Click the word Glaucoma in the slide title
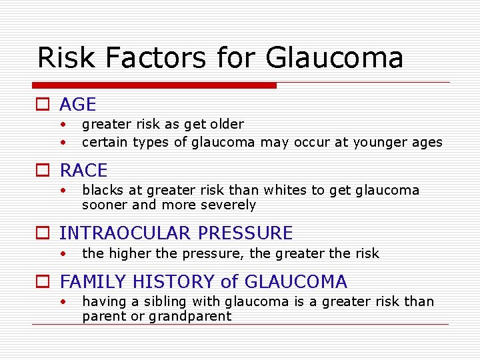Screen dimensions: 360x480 [334, 58]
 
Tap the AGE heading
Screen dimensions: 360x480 [77, 105]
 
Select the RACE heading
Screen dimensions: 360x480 [83, 171]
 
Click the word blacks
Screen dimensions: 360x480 [102, 191]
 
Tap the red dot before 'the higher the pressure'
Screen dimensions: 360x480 [62, 253]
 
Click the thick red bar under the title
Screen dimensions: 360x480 [154, 85]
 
